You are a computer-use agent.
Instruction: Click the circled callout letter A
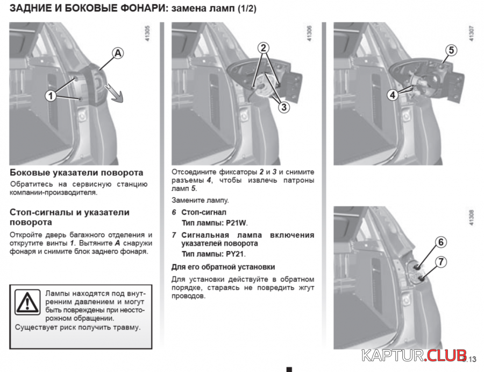pos(117,53)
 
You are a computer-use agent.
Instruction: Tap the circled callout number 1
pos(50,96)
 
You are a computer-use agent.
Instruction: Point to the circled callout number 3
pos(283,107)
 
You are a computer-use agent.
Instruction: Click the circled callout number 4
pos(393,94)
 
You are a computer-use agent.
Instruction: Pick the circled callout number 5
pos(450,51)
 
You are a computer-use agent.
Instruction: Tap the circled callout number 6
pos(440,242)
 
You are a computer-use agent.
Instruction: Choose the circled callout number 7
pos(440,262)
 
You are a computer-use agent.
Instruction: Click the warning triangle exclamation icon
pos(26,303)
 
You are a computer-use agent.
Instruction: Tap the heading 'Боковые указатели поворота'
pos(76,173)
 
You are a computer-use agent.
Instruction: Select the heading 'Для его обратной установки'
pos(223,267)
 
